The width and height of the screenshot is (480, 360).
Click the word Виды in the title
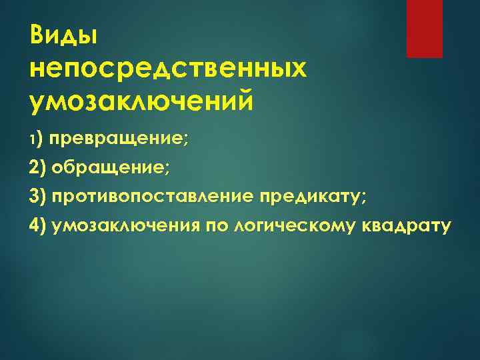coord(64,37)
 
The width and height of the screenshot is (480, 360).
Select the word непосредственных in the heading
coord(169,70)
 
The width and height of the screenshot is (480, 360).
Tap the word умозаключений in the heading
coord(141,102)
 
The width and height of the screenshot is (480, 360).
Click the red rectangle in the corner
coord(425,29)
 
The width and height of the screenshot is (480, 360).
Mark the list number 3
coord(33,197)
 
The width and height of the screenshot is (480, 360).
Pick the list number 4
coord(33,225)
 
